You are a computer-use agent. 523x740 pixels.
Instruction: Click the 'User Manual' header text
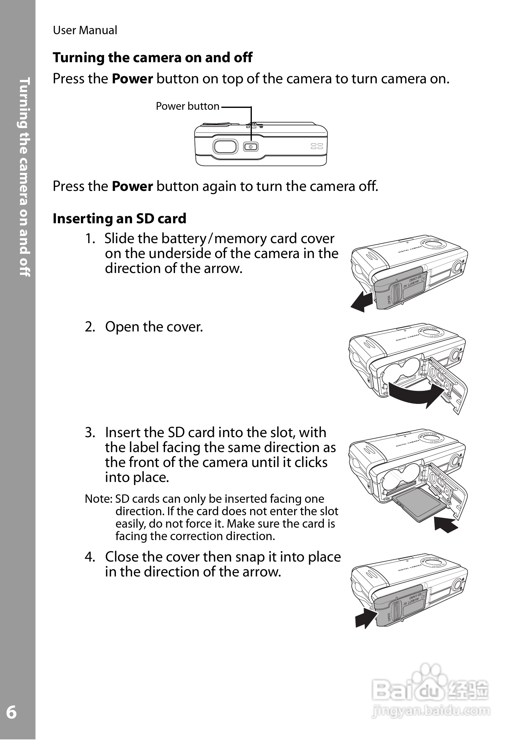(x=85, y=30)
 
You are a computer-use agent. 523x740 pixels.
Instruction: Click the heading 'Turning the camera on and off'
(x=152, y=58)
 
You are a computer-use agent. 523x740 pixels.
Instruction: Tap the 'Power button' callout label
(x=187, y=106)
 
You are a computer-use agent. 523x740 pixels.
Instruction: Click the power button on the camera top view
(x=251, y=147)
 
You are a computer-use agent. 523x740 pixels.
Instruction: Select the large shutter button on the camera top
(x=225, y=147)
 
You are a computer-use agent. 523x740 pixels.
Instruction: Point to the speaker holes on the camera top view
(x=317, y=146)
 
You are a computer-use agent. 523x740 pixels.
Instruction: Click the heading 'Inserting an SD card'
(x=119, y=219)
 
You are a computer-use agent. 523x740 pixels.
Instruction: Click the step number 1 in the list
(x=90, y=239)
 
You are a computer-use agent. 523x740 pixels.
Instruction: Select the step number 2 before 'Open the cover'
(x=90, y=327)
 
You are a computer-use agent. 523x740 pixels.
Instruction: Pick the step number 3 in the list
(x=90, y=432)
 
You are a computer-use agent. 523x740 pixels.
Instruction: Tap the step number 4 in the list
(x=90, y=557)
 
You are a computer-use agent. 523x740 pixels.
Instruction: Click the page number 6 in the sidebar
(x=11, y=713)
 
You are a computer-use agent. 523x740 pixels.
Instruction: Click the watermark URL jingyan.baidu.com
(x=431, y=711)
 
